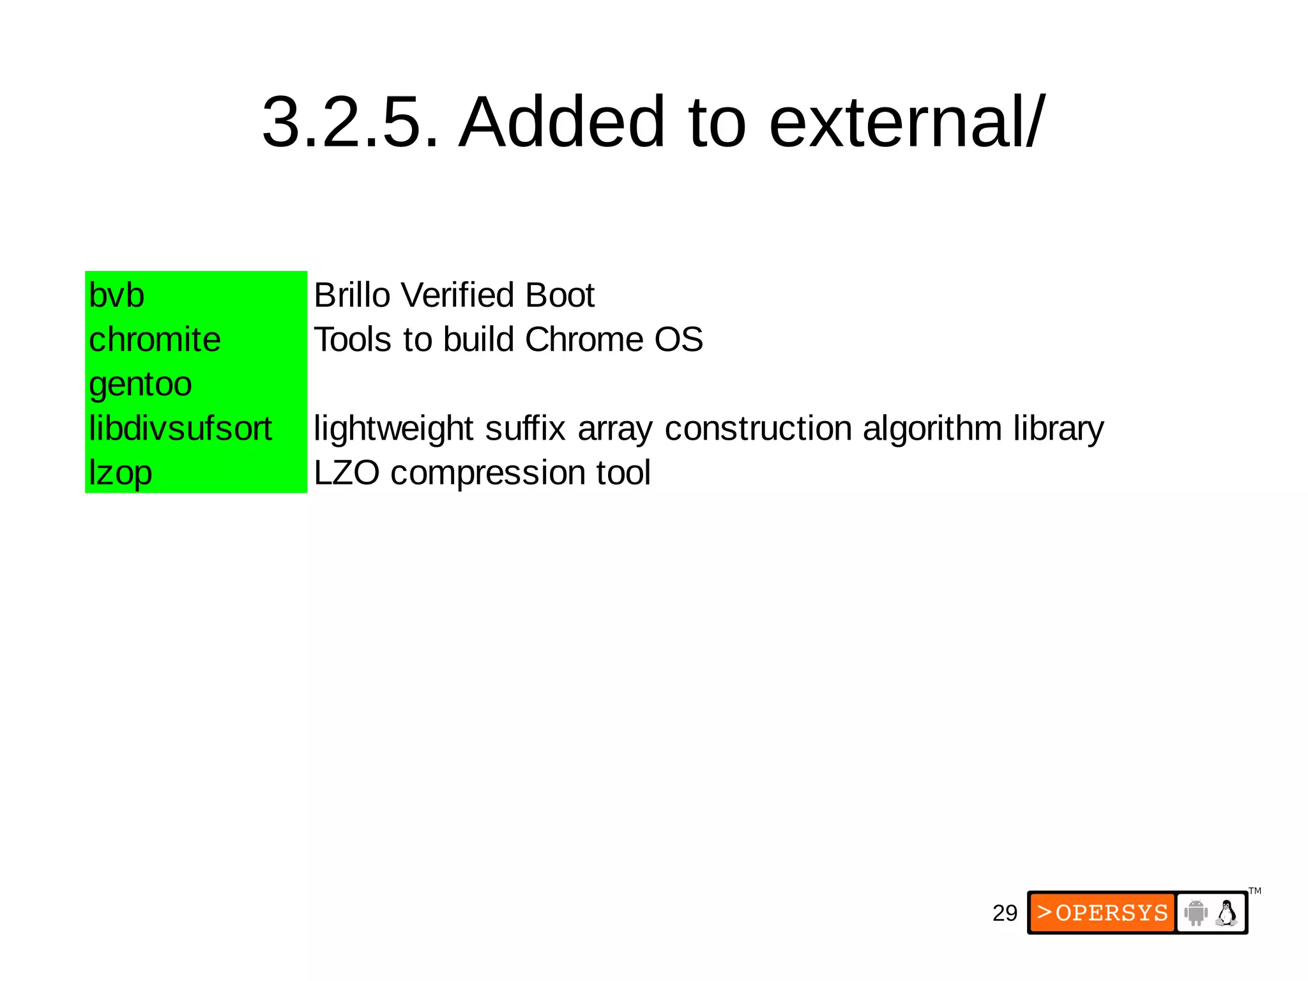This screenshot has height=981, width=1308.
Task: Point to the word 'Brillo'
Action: (x=352, y=295)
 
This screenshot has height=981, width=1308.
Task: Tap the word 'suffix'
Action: (x=525, y=428)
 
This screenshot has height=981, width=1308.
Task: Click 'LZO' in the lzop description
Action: (x=347, y=473)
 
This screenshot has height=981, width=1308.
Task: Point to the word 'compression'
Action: (x=488, y=473)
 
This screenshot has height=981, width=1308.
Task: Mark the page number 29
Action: (x=1005, y=913)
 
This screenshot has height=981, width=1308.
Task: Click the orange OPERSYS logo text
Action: (x=1103, y=913)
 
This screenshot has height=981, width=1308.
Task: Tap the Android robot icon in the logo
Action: (x=1196, y=913)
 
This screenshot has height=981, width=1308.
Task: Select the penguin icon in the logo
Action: (x=1226, y=913)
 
